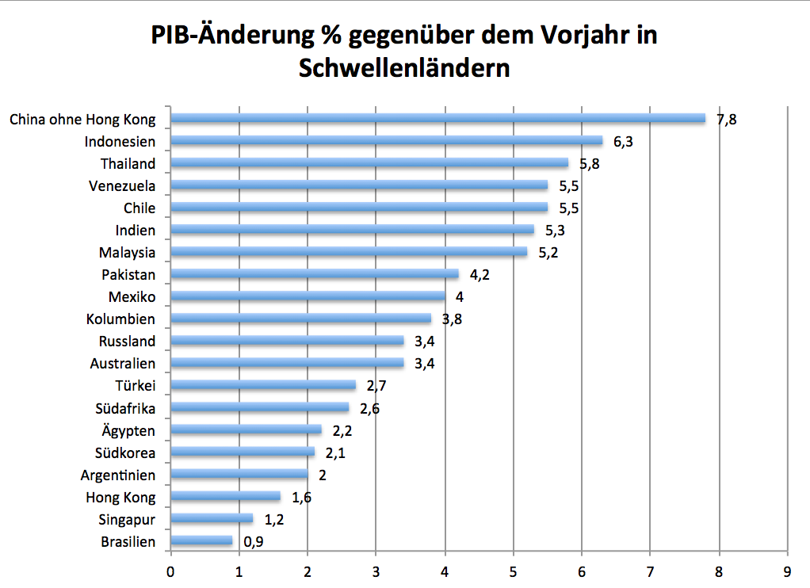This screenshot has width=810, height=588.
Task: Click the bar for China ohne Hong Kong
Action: click(437, 119)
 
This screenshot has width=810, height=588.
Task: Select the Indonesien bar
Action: click(387, 141)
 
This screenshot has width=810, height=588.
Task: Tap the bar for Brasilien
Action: click(202, 541)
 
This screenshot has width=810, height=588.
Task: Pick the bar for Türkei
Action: click(263, 386)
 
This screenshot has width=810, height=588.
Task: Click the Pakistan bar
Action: click(315, 275)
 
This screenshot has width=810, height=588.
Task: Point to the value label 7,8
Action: click(728, 120)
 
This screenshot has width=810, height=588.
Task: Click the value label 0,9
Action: click(254, 542)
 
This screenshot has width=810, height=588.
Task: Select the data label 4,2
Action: click(480, 275)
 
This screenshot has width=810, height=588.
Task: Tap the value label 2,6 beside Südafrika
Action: click(369, 409)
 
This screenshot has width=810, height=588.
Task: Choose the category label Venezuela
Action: click(122, 186)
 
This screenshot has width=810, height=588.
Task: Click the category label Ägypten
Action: click(128, 431)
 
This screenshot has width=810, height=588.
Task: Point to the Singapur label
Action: click(127, 520)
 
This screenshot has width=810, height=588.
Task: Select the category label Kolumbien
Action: click(120, 319)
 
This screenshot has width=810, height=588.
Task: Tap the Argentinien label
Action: click(118, 475)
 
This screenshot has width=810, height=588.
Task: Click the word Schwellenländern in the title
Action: click(404, 68)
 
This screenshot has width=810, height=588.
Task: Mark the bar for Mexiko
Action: click(308, 297)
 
